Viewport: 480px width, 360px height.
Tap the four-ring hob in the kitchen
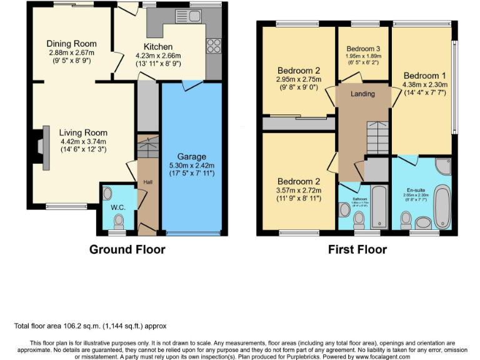(x=213, y=45)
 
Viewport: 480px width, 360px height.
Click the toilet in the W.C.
(x=119, y=220)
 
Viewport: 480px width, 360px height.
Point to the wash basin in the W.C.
(x=106, y=193)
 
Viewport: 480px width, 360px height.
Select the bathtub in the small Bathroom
(x=379, y=207)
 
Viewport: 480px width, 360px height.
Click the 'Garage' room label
(x=191, y=156)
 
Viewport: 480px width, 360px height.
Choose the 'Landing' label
(x=362, y=94)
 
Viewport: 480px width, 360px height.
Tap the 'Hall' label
(x=147, y=182)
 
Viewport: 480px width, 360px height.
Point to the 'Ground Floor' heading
(x=127, y=250)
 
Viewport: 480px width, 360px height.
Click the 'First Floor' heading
(x=357, y=250)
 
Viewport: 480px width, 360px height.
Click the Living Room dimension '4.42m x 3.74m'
(x=83, y=141)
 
